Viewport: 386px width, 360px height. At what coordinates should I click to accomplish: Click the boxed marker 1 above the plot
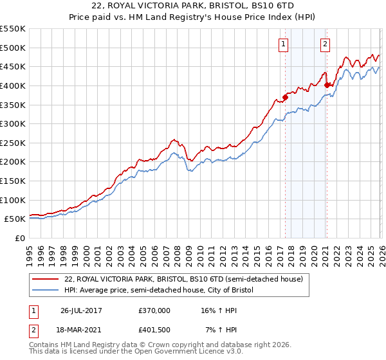pyautogui.click(x=284, y=44)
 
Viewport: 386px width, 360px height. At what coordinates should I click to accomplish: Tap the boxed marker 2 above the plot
pyautogui.click(x=326, y=44)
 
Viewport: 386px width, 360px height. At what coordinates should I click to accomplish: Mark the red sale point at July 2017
pyautogui.click(x=285, y=97)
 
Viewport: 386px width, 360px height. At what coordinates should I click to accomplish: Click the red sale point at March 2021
pyautogui.click(x=327, y=85)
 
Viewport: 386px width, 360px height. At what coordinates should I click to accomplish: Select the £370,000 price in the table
pyautogui.click(x=154, y=310)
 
